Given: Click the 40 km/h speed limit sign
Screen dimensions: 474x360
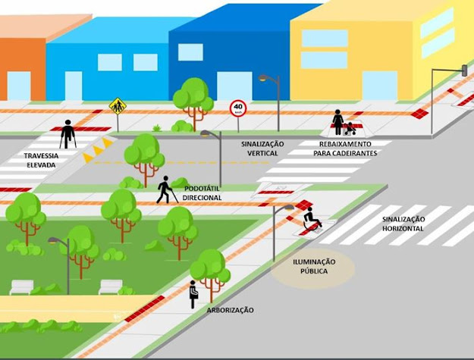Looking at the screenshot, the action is pos(238,108).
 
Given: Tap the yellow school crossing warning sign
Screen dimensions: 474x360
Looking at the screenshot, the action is pos(117,105).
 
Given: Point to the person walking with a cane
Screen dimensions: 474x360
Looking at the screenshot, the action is pos(165,190).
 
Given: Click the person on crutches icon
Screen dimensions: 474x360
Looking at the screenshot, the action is pos(67,133).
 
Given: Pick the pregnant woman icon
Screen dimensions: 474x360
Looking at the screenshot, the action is pos(193,294).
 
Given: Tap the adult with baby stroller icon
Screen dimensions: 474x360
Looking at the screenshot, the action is pos(341,122).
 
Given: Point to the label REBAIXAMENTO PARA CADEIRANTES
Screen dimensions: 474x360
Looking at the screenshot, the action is pos(348,149).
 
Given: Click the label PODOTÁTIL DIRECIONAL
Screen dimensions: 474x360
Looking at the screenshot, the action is pos(202,192).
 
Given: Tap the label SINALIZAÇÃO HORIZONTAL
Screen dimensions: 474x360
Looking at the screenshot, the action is pos(404,224).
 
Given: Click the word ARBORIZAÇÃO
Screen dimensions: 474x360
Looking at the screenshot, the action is pos(230,310).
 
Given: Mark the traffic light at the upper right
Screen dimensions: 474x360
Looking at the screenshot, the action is pos(463,70).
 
